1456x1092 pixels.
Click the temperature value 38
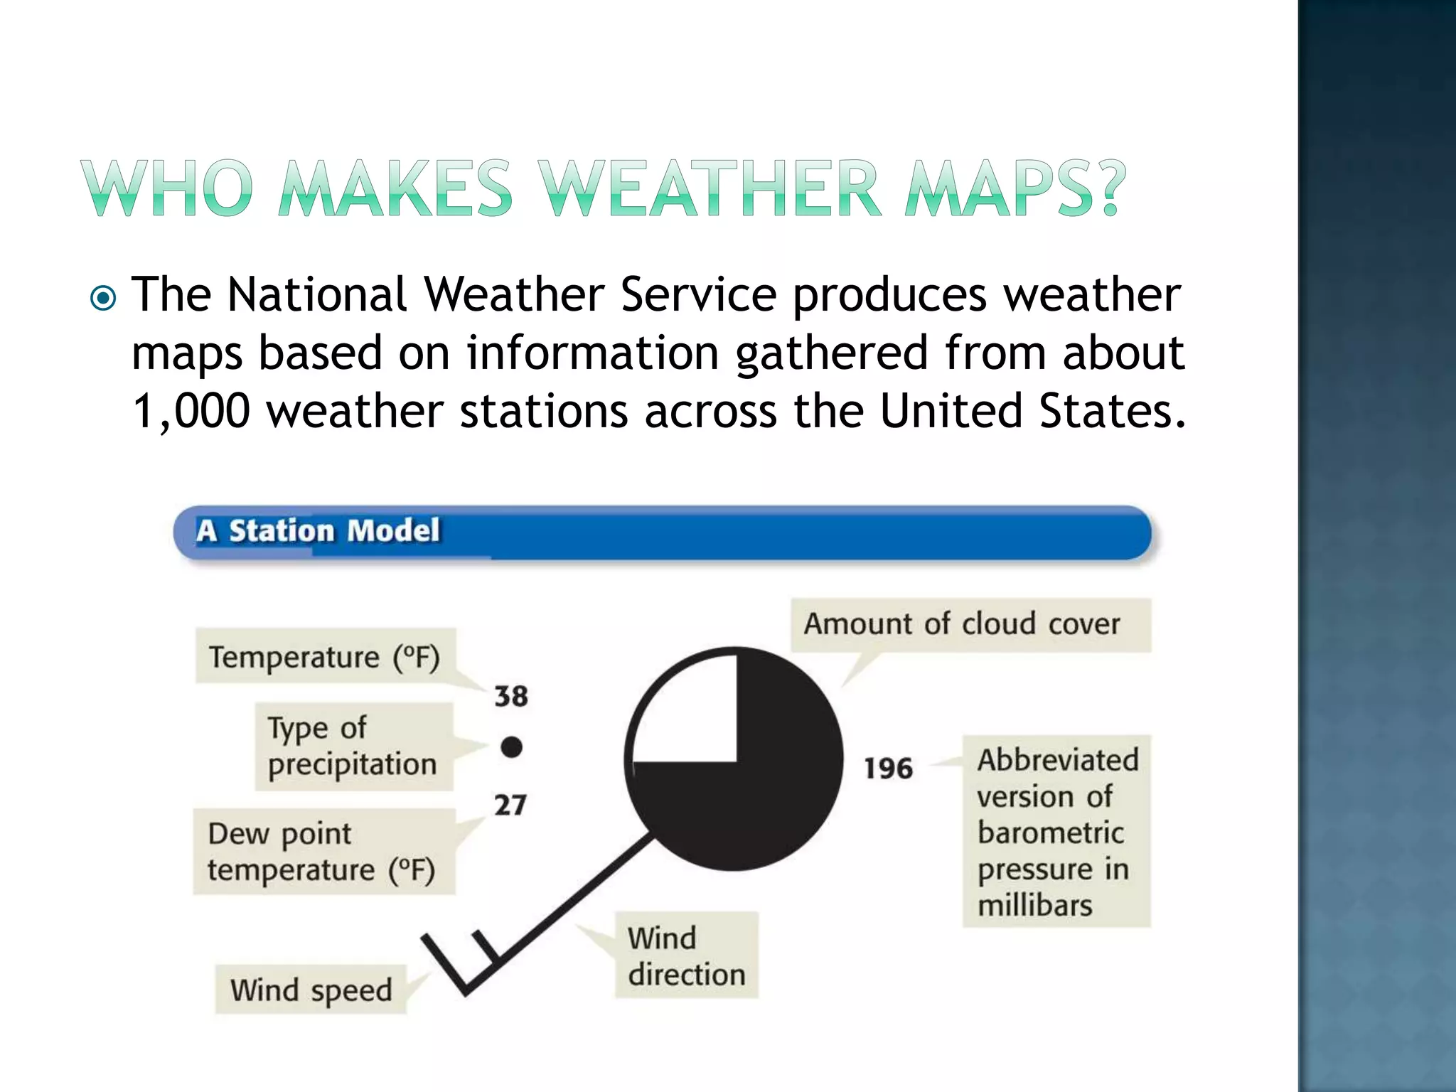pyautogui.click(x=511, y=696)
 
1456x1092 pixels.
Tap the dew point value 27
pyautogui.click(x=510, y=805)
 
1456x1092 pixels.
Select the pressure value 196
pyautogui.click(x=888, y=769)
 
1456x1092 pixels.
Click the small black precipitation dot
pyautogui.click(x=511, y=747)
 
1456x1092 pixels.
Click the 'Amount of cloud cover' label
pyautogui.click(x=962, y=624)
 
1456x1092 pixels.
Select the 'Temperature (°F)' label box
pyautogui.click(x=325, y=656)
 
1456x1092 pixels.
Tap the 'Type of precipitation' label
pyautogui.click(x=353, y=746)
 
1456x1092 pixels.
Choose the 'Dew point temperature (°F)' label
pyautogui.click(x=322, y=851)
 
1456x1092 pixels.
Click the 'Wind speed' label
pyautogui.click(x=311, y=990)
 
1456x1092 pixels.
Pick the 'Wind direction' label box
pyautogui.click(x=686, y=955)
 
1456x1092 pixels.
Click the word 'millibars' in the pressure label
pyautogui.click(x=1034, y=906)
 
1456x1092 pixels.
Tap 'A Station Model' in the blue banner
pyautogui.click(x=318, y=531)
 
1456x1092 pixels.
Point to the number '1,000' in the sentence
pyautogui.click(x=191, y=411)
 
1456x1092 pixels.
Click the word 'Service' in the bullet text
pyautogui.click(x=698, y=294)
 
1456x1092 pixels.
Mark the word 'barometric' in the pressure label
pyautogui.click(x=1050, y=833)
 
